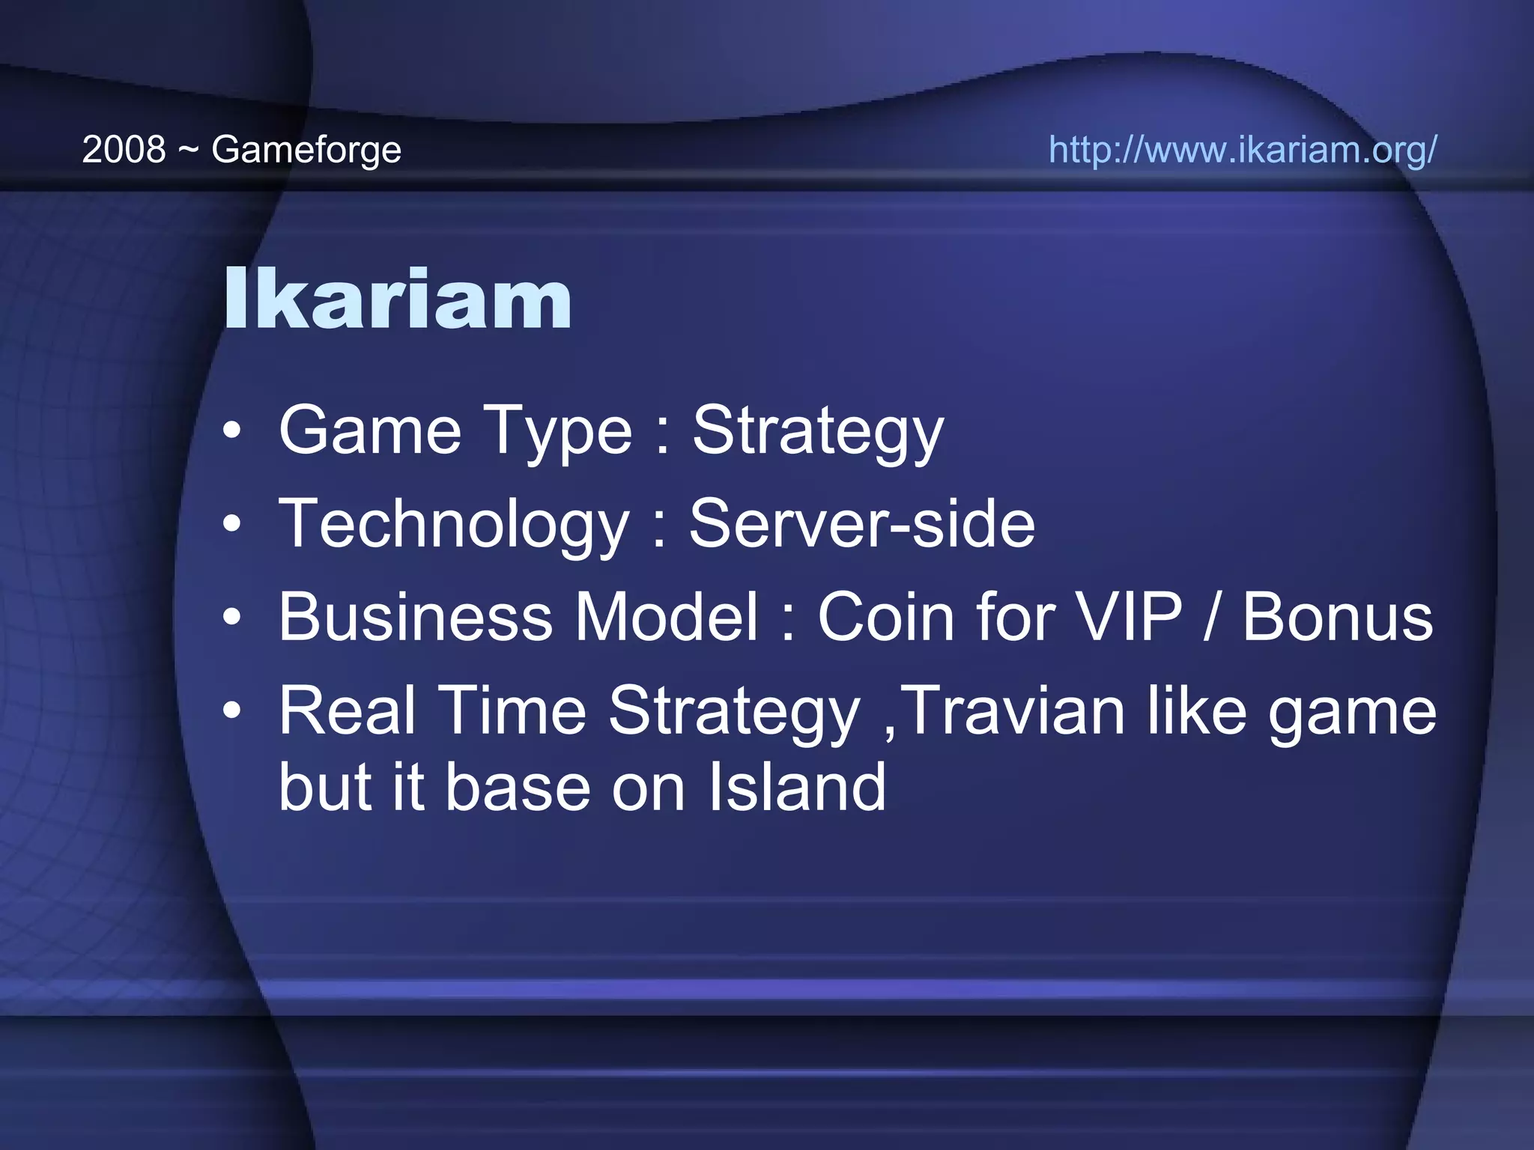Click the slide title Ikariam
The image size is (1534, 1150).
(x=398, y=299)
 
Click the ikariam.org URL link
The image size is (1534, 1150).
(x=1242, y=149)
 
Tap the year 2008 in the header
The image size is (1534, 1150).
(x=124, y=149)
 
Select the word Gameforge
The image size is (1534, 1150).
(x=306, y=150)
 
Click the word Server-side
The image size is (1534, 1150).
(x=861, y=523)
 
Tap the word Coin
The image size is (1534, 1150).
(x=886, y=617)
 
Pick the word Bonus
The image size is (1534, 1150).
(x=1338, y=617)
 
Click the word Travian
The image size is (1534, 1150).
(x=1016, y=711)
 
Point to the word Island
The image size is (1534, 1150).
(x=797, y=787)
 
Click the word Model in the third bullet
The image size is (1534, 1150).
(x=667, y=617)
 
